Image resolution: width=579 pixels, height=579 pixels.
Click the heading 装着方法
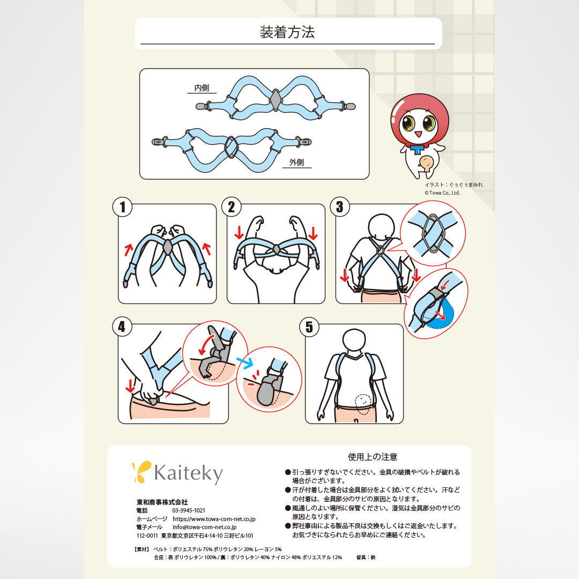pyautogui.click(x=287, y=32)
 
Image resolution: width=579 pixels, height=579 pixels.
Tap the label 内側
pyautogui.click(x=202, y=87)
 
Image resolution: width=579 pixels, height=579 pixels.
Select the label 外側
pyautogui.click(x=296, y=162)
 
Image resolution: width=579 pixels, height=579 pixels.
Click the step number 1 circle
pyautogui.click(x=123, y=207)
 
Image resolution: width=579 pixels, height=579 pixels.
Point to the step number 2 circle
pyautogui.click(x=232, y=207)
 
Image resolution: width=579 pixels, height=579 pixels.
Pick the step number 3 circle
pyautogui.click(x=340, y=207)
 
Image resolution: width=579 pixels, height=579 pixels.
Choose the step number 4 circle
pyautogui.click(x=122, y=327)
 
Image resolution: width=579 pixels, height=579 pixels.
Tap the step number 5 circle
pyautogui.click(x=309, y=327)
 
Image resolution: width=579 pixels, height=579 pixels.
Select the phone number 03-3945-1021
pyautogui.click(x=189, y=510)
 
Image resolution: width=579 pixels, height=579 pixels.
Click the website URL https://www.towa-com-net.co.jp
pyautogui.click(x=214, y=519)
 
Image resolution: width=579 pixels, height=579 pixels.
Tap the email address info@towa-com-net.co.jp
pyautogui.click(x=205, y=528)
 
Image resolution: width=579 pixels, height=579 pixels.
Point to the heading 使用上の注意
pyautogui.click(x=373, y=457)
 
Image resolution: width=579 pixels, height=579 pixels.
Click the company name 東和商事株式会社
pyautogui.click(x=162, y=502)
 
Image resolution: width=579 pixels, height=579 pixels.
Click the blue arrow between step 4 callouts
pyautogui.click(x=244, y=362)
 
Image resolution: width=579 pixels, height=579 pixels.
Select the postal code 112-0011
pyautogui.click(x=147, y=536)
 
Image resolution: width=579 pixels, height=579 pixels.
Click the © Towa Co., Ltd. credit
pyautogui.click(x=442, y=193)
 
